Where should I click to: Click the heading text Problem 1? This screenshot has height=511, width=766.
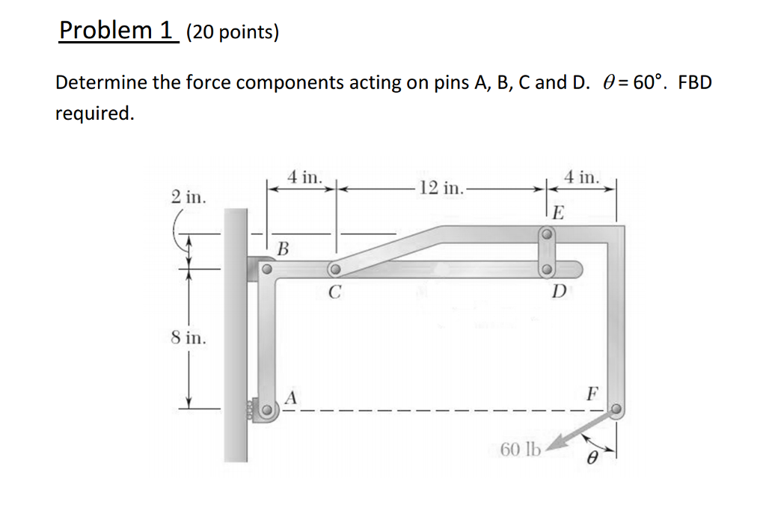point(115,31)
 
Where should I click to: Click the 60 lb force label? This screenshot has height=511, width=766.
point(520,450)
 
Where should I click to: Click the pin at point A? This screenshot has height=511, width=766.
point(266,410)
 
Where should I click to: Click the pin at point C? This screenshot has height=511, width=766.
point(335,269)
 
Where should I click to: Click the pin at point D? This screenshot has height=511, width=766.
point(547,269)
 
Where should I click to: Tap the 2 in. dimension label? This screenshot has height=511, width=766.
point(187,198)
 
